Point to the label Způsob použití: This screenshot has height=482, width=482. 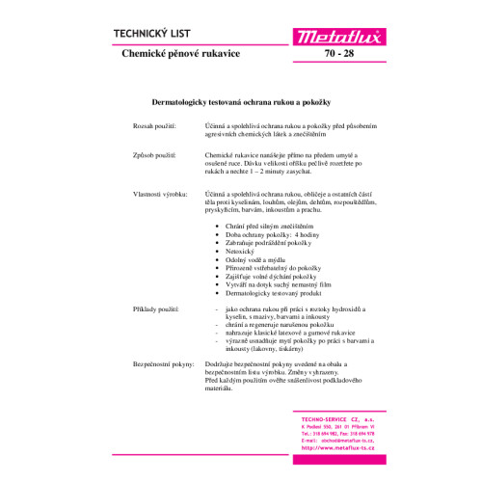point(154,154)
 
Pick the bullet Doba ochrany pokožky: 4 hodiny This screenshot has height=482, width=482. point(265,232)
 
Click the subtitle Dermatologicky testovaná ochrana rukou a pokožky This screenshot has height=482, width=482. point(240,101)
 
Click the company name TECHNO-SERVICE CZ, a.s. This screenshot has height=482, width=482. point(336,418)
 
